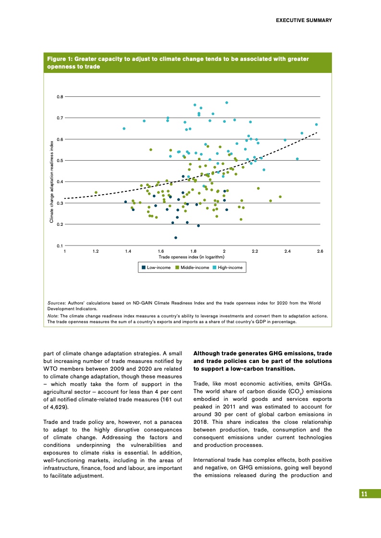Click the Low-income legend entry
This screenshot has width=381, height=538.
[156, 267]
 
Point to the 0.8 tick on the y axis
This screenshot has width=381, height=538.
[60, 97]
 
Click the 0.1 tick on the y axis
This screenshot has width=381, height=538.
[60, 246]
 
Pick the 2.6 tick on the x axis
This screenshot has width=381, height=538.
[320, 251]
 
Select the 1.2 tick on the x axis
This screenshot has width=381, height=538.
[96, 251]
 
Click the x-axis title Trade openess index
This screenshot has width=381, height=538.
[192, 257]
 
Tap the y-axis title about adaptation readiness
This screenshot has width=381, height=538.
[51, 181]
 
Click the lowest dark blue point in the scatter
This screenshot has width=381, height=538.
[176, 237]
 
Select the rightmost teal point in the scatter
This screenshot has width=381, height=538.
[317, 125]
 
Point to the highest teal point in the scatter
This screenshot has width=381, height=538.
[227, 103]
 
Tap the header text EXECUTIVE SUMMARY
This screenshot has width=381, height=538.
[304, 20]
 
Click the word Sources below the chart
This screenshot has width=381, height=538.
[57, 303]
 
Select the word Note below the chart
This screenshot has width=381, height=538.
[52, 316]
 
